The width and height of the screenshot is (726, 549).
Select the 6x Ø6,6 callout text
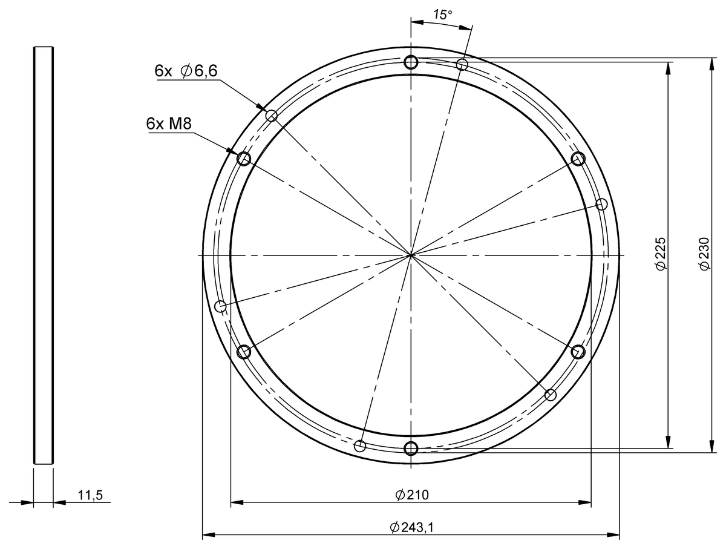(x=186, y=71)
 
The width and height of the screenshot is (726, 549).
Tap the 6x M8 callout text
(x=169, y=123)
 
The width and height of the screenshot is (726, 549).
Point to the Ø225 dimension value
(x=660, y=254)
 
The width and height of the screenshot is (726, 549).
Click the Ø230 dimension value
(x=704, y=254)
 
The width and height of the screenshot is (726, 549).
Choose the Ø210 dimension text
(x=411, y=495)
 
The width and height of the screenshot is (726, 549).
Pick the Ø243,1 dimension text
(x=411, y=527)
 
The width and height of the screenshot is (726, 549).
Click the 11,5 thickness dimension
(x=91, y=495)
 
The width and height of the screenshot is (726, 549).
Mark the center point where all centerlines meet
(x=411, y=255)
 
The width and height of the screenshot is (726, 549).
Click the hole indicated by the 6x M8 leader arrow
(x=244, y=159)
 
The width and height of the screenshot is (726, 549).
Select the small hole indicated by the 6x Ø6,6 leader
(x=271, y=115)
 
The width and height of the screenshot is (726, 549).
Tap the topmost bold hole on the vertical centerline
(x=411, y=62)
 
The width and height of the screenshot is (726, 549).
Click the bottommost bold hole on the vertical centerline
(x=411, y=448)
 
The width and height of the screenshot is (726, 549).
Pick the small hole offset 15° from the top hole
(x=462, y=64)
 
